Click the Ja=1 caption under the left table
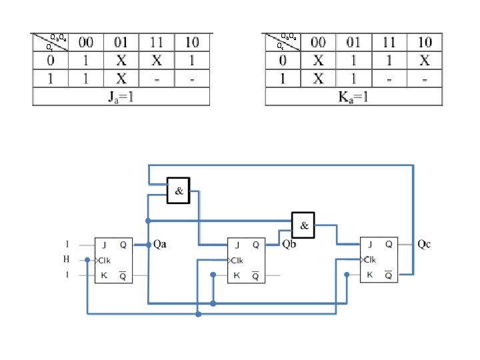pyautogui.click(x=121, y=97)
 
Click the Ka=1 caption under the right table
pyautogui.click(x=353, y=97)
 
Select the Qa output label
pyautogui.click(x=161, y=244)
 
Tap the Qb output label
pyautogui.click(x=289, y=244)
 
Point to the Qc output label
pyautogui.click(x=424, y=244)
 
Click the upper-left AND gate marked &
pyautogui.click(x=179, y=190)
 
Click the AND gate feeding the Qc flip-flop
pyautogui.click(x=303, y=225)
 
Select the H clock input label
pyautogui.click(x=67, y=259)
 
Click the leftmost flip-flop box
pyautogui.click(x=113, y=259)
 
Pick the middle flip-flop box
pyautogui.click(x=246, y=259)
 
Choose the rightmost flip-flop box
pyautogui.click(x=379, y=259)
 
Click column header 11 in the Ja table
pyautogui.click(x=157, y=43)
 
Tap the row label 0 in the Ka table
pyautogui.click(x=283, y=60)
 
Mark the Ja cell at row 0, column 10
pyautogui.click(x=192, y=60)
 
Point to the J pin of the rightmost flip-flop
pyautogui.click(x=368, y=245)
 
